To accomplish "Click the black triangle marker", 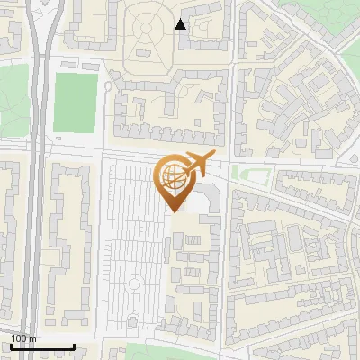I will pyautogui.click(x=181, y=24).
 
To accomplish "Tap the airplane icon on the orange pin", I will pyautogui.click(x=197, y=166).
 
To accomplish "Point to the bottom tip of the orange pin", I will pyautogui.click(x=175, y=211).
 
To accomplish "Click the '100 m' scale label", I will pyautogui.click(x=23, y=337).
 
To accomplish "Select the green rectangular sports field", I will pyautogui.click(x=75, y=103).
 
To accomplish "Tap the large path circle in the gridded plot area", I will pyautogui.click(x=135, y=284).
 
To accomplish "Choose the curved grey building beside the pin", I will pyautogui.click(x=209, y=198).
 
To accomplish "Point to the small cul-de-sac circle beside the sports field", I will pyautogui.click(x=109, y=86).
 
